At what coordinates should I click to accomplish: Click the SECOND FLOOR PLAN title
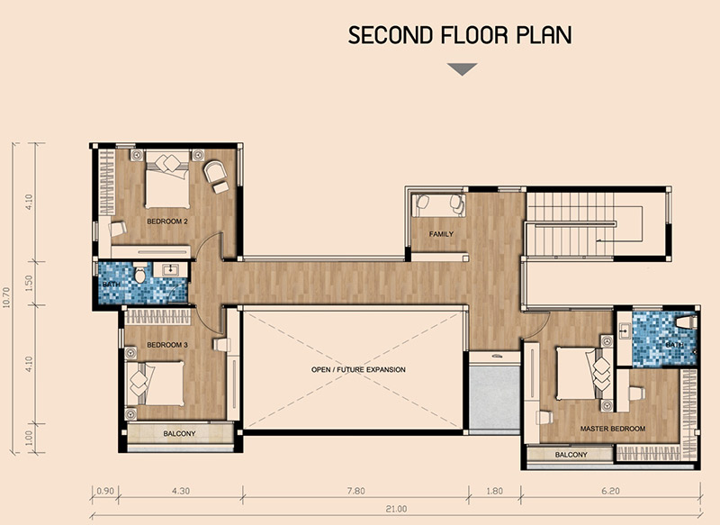pos(460,35)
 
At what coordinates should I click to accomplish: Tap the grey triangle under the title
pos(463,69)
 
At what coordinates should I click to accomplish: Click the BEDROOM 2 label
pos(167,222)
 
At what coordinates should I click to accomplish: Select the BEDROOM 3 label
pos(167,345)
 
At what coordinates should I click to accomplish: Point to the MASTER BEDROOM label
pos(613,429)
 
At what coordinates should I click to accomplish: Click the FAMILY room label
pos(441,234)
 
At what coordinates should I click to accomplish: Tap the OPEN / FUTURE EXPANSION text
pos(358,369)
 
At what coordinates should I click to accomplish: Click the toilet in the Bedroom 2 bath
pos(140,273)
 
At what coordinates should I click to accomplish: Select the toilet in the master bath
pos(686,321)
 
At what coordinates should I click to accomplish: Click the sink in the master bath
pos(624,330)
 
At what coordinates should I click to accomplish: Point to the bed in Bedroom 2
pos(167,179)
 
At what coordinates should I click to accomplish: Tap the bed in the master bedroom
pos(583,374)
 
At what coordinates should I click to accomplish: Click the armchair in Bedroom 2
pos(214,172)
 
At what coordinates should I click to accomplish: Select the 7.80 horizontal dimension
pos(355,491)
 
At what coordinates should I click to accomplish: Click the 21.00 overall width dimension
pos(396,509)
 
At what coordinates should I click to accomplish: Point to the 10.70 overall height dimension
pos(6,298)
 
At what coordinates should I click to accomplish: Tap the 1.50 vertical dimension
pos(29,284)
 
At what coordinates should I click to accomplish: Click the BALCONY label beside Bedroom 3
pos(179,433)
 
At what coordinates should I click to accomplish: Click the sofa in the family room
pos(438,204)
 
